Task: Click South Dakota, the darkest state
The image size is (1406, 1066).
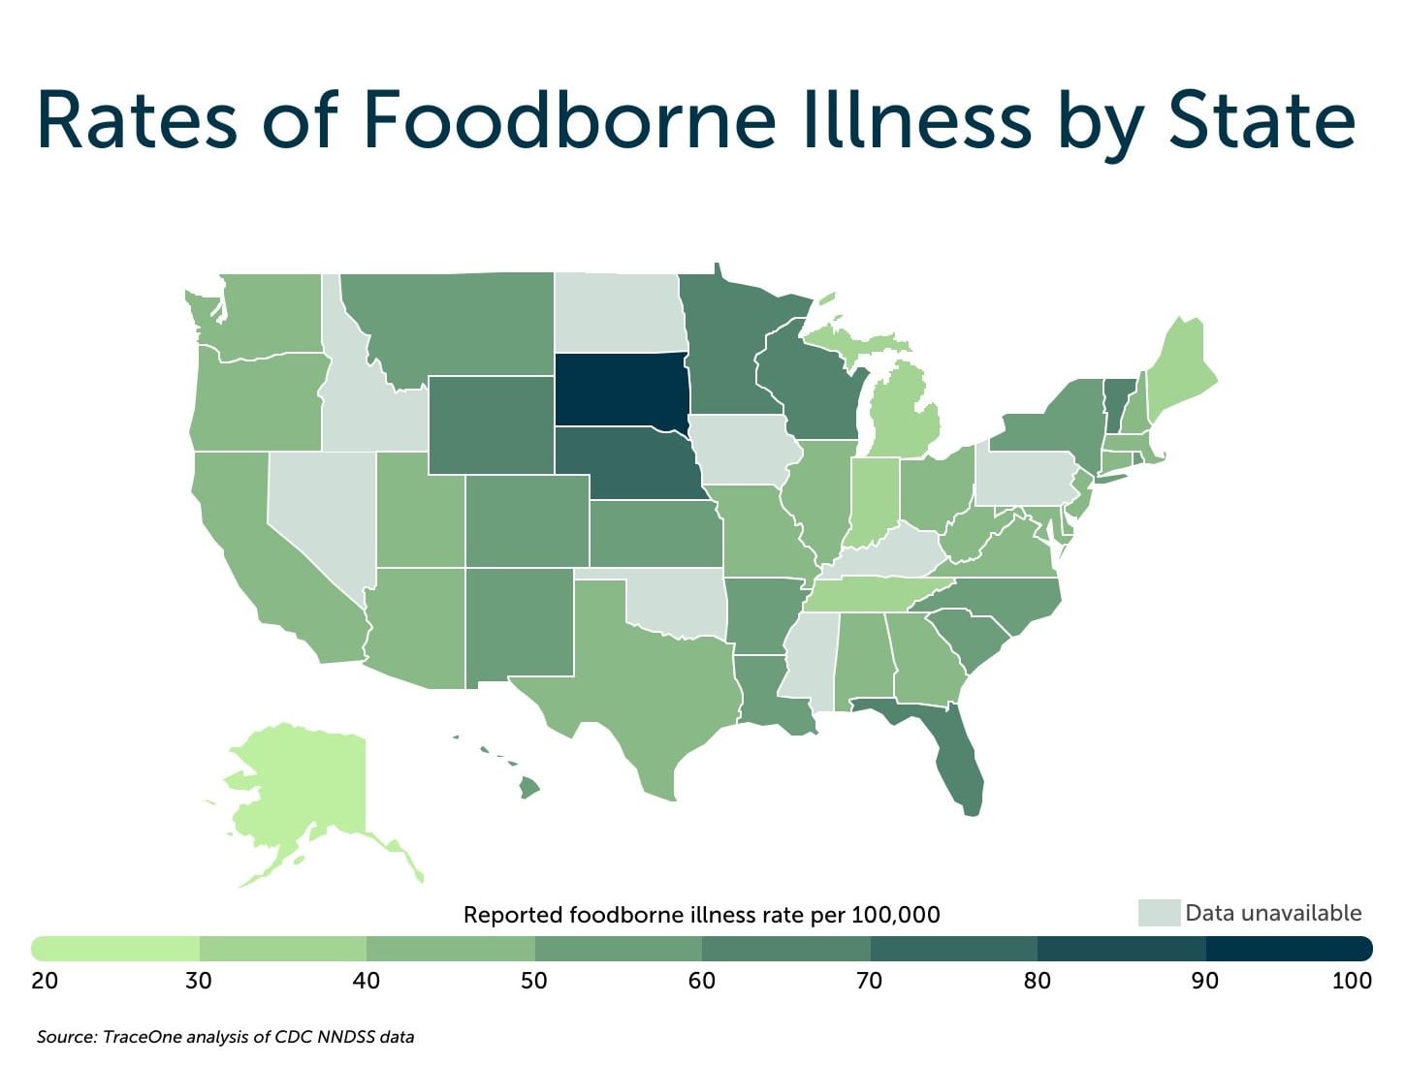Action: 621,389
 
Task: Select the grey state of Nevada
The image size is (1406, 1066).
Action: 320,514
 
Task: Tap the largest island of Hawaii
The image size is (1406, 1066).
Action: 528,788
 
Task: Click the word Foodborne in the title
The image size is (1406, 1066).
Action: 569,120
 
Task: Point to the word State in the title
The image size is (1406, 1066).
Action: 1262,120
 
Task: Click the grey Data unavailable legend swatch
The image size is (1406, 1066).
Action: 1158,913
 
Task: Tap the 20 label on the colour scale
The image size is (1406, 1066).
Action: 45,981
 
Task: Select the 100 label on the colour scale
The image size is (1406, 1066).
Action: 1351,981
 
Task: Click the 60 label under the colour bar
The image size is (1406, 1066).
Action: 701,981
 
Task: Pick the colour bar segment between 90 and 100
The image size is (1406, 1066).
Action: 1288,948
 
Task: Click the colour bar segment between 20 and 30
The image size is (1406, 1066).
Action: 116,948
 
